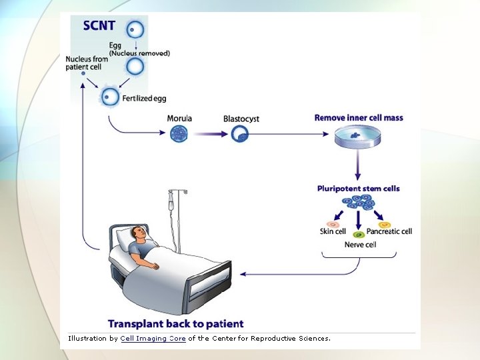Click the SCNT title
99,27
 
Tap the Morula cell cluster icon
179,134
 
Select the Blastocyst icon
239,134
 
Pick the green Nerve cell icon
359,234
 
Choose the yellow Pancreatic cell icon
385,225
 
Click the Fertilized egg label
144,98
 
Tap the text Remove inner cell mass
359,118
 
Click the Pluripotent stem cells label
359,189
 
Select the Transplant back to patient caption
176,324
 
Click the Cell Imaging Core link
153,339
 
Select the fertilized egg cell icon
109,98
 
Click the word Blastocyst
241,119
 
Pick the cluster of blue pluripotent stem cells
359,202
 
